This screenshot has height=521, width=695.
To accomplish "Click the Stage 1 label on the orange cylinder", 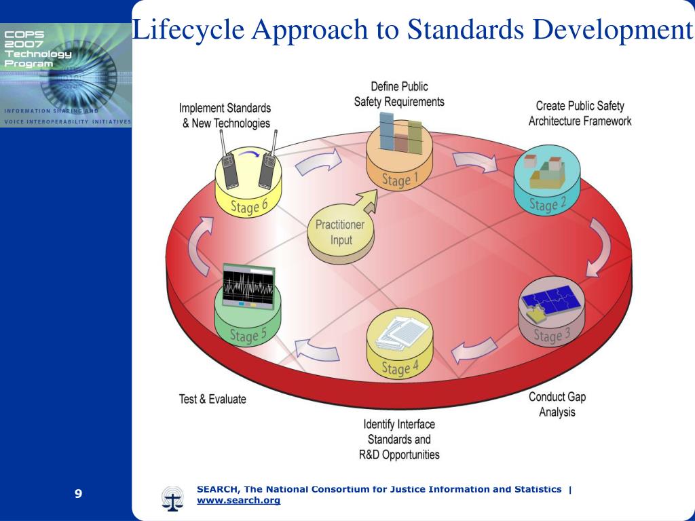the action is (396, 180).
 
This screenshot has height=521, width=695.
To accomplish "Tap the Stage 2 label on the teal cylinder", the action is (543, 204).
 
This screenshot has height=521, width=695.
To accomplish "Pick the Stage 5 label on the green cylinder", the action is (244, 334).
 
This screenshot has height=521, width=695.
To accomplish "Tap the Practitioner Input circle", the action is (339, 232).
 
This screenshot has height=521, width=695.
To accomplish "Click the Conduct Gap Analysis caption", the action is (557, 404).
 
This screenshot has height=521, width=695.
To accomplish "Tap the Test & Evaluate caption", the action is (212, 399).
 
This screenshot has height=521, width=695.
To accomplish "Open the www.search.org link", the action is (238, 501).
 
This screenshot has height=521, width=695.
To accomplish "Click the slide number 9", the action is (79, 493).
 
